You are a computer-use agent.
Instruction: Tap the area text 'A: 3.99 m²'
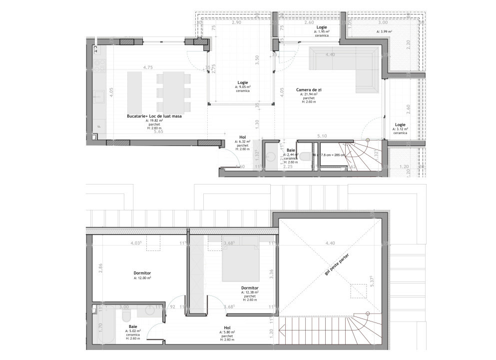coord(384,31)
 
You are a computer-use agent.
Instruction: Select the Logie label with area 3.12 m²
coord(400,124)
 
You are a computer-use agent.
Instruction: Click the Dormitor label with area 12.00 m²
coord(142,273)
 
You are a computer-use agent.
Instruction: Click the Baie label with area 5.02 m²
coord(132,325)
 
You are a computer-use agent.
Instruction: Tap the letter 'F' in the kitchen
coord(98,125)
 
